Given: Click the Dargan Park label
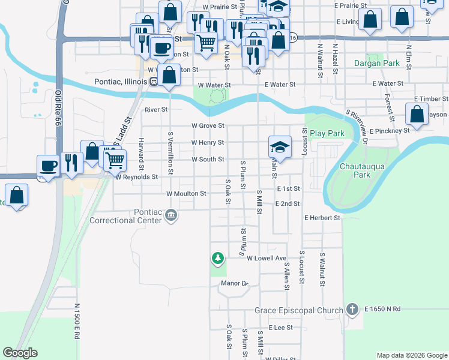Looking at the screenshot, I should click(376, 63).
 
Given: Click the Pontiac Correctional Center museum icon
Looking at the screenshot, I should click(172, 215).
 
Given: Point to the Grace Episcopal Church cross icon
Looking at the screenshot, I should click(352, 310).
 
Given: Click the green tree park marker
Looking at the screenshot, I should click(217, 259).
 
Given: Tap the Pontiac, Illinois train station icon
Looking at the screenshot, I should click(154, 82).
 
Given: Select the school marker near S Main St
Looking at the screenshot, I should click(279, 146).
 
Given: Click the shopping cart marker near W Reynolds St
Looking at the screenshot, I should click(115, 159).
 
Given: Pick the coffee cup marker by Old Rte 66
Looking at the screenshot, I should click(48, 165).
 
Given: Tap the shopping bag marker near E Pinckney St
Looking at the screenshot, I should click(417, 113).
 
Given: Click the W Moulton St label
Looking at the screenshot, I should click(186, 194).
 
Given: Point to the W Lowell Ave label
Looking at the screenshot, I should click(267, 258).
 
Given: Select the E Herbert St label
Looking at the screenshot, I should click(322, 218).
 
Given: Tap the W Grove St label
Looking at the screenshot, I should click(208, 126).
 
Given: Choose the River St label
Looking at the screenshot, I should click(156, 110).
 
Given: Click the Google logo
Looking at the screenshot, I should click(20, 353).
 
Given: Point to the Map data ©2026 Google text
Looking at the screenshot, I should click(411, 355).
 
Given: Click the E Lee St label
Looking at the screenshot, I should click(280, 328).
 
